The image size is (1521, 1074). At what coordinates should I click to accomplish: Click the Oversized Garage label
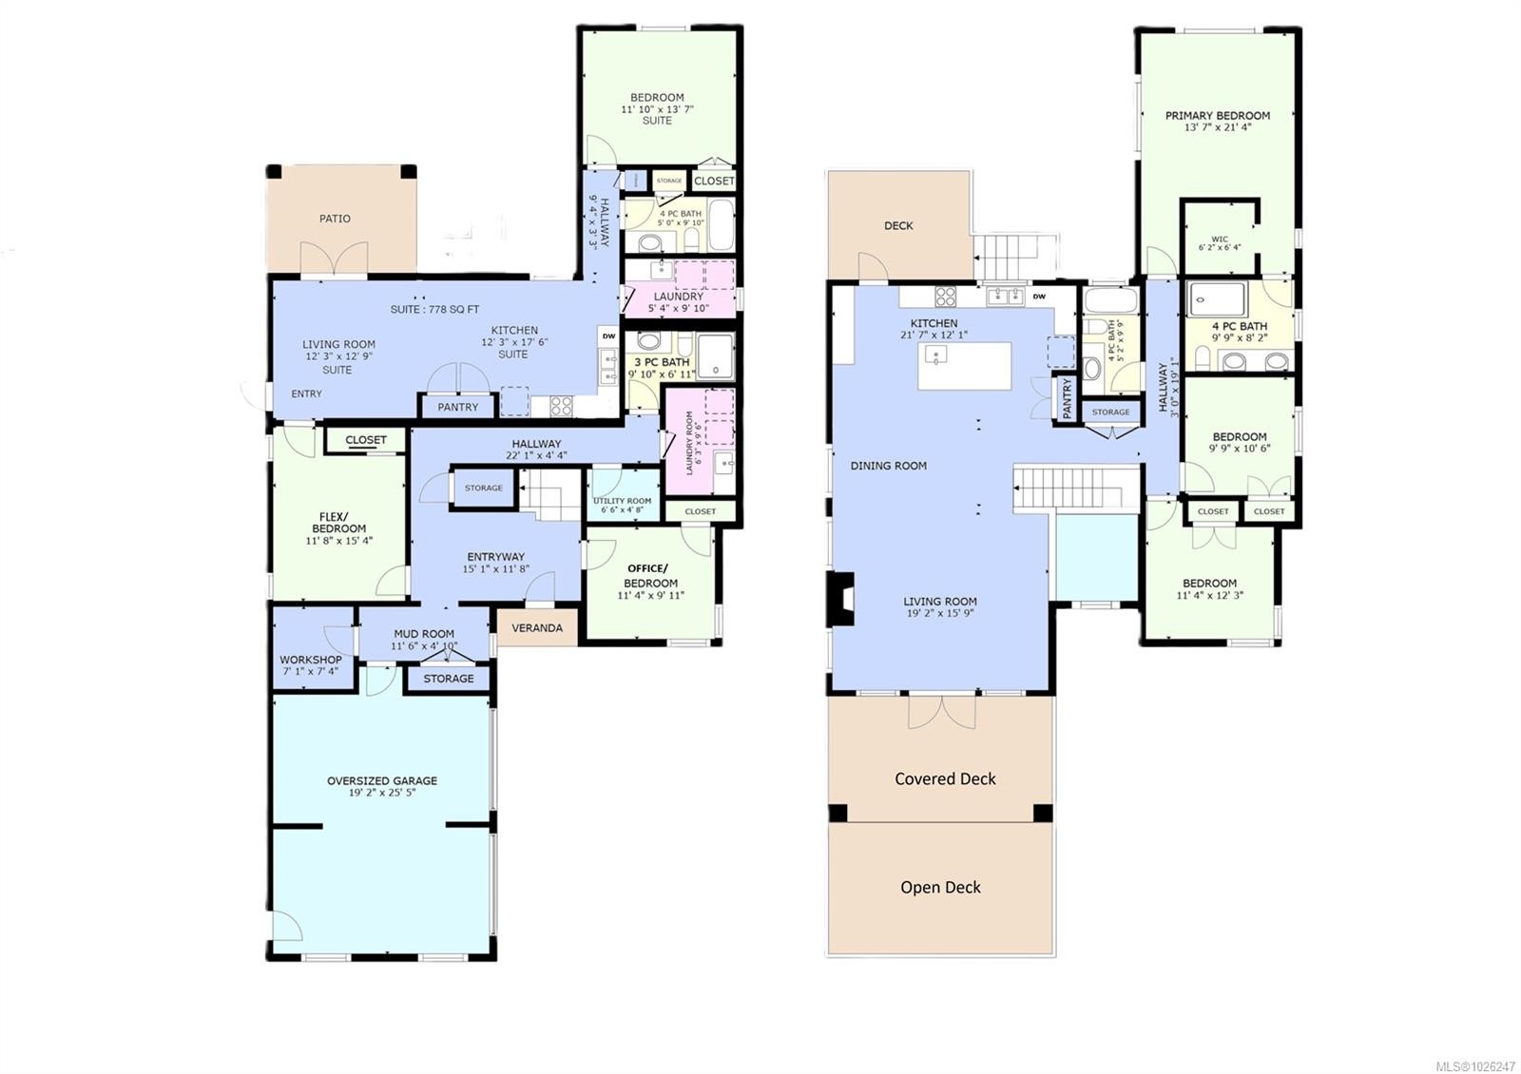tap(382, 780)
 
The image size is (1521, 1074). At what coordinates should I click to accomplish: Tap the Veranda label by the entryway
tap(537, 628)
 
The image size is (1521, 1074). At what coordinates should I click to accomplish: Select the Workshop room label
tap(311, 660)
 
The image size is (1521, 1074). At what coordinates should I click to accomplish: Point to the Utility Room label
tap(623, 501)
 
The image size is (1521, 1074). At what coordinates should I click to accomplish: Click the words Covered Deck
tap(945, 778)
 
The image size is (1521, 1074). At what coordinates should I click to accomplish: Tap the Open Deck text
tap(940, 887)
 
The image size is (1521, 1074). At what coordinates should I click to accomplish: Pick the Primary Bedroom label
tap(1218, 116)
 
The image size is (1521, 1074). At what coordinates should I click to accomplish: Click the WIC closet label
tap(1220, 240)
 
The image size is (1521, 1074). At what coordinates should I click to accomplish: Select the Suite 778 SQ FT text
tap(434, 310)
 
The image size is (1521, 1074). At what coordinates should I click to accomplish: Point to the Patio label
tap(335, 219)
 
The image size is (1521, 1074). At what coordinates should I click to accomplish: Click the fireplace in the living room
tap(840, 599)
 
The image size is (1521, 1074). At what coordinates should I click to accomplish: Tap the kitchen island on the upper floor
tap(964, 366)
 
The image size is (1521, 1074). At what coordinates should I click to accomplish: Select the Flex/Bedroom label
tap(339, 523)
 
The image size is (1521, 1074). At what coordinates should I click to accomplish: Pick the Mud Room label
tap(424, 634)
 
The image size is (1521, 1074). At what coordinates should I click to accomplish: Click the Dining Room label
tap(888, 466)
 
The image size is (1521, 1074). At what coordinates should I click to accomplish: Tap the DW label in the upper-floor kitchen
tap(1039, 297)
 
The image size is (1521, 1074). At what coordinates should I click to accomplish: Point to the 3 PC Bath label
tap(662, 362)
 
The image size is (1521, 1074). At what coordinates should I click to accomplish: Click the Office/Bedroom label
tap(650, 576)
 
